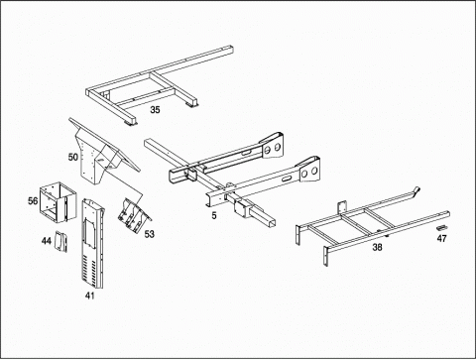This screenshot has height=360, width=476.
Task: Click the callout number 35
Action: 155,110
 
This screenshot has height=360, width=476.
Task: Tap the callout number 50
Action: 73,157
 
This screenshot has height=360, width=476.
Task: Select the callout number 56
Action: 33,200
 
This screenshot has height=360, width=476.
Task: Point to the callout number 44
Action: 47,241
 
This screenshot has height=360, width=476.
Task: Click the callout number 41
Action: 89,296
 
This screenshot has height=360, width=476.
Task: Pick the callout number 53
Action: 150,234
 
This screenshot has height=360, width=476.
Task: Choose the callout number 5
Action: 214,215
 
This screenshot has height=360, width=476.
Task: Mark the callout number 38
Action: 377,247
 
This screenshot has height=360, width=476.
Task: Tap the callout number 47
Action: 441,238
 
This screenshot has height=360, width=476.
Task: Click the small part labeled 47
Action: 441,228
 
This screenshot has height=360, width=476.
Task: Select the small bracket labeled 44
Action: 60,241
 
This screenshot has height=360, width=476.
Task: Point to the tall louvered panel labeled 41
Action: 92,243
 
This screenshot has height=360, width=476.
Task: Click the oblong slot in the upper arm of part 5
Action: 246,153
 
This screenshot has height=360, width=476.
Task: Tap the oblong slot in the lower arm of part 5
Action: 286,179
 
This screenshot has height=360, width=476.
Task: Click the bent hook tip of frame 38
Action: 416,190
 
